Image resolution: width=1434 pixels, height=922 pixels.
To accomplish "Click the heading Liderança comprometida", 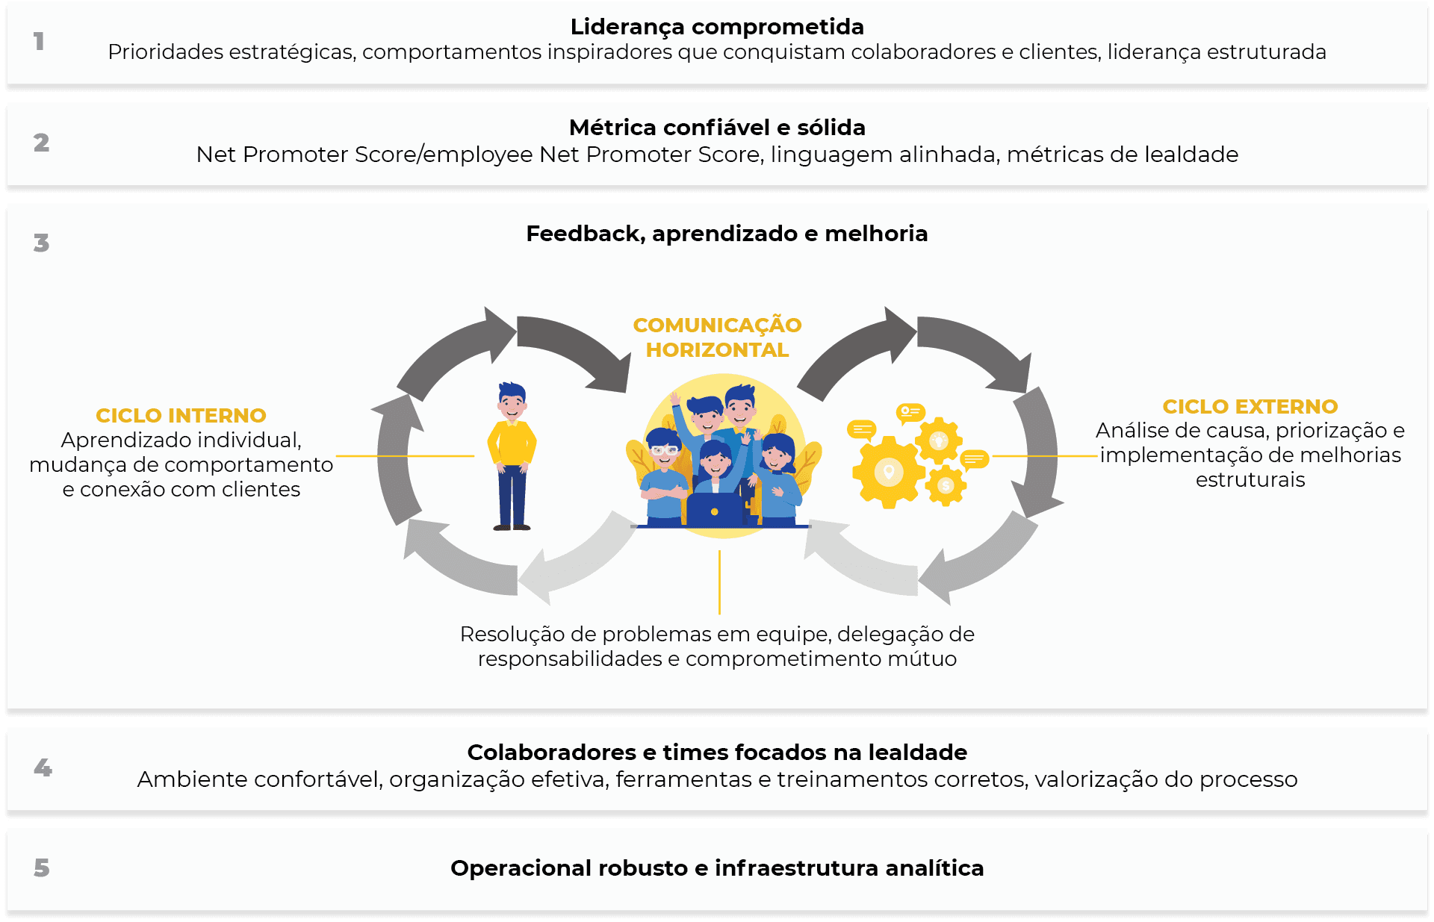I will point(717,27).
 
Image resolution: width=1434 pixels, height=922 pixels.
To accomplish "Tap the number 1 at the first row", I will point(39,41).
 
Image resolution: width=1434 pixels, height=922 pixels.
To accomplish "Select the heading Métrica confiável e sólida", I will point(717,128).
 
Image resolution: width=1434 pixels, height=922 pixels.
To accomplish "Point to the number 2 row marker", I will point(41,143).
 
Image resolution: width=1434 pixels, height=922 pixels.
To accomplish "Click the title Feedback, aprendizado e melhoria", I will point(727,234).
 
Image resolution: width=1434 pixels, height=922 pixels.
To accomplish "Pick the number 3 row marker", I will point(41,243).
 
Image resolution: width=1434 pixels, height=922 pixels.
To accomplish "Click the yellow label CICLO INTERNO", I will point(181,415).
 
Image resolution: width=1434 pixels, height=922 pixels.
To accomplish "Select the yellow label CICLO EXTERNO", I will point(1250,406).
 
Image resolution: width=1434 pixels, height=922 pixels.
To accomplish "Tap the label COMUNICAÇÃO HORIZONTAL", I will point(717,337).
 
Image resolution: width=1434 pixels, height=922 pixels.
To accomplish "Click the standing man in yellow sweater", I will point(512,455).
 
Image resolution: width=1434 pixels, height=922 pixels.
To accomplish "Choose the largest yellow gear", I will point(888,472).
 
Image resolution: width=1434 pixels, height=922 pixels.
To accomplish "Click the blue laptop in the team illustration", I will point(714,511).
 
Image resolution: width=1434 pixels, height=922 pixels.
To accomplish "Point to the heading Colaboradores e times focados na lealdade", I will point(717,752).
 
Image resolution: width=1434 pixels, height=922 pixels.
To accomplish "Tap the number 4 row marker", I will point(43,767).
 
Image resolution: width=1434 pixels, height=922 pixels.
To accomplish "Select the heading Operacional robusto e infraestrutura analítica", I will point(717,868).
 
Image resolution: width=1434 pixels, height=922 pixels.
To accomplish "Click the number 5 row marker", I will point(42,868).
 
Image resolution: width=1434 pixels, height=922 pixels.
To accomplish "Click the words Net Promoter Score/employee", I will point(364,155).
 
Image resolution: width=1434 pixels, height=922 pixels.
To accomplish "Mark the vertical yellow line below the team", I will point(719,582).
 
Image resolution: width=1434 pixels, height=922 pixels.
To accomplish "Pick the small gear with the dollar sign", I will point(946,486).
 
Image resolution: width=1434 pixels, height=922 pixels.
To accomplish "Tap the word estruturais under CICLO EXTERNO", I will point(1250,479).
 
